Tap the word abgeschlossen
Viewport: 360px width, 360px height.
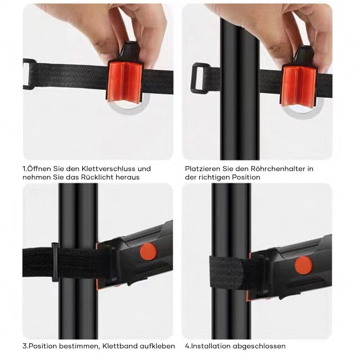tap(260, 346)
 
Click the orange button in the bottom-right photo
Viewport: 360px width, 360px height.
tap(304, 265)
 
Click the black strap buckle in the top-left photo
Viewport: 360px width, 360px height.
tap(29, 73)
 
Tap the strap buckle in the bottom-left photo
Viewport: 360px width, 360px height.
tap(55, 262)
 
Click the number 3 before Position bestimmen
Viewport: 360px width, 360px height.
tap(24, 346)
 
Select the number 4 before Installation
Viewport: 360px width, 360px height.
tap(187, 346)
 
